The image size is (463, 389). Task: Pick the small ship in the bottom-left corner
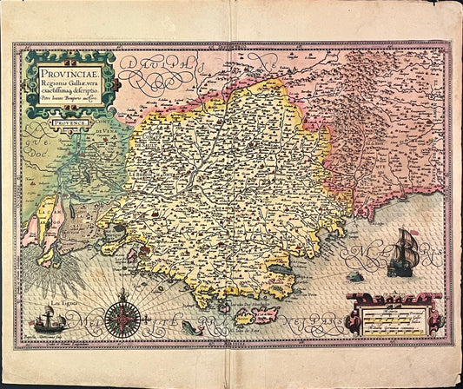[x=48, y=323]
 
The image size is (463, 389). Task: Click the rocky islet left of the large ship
[x=354, y=276]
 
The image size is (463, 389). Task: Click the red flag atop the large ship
[x=406, y=232]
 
